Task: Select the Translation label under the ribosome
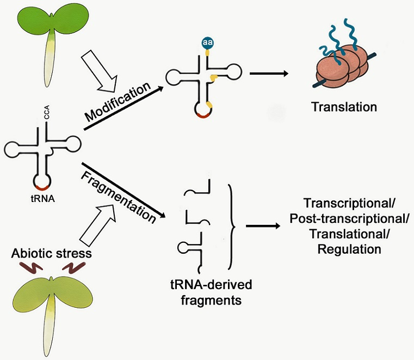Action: (x=344, y=107)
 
